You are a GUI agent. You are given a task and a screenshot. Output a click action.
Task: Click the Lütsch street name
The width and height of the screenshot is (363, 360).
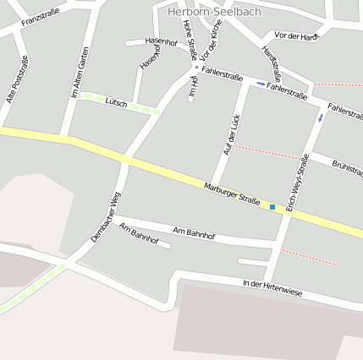(x=116, y=102)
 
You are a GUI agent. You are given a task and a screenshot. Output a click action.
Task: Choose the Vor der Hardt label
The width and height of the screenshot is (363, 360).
(x=297, y=35)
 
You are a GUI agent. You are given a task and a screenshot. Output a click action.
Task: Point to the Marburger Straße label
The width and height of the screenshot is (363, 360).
(x=231, y=193)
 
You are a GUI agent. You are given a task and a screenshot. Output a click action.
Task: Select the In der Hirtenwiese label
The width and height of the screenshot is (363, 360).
(x=272, y=287)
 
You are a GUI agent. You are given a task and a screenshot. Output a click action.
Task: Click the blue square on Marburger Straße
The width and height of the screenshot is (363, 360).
(x=272, y=206)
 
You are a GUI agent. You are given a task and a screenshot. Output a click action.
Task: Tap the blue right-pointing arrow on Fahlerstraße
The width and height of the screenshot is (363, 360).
(x=261, y=84)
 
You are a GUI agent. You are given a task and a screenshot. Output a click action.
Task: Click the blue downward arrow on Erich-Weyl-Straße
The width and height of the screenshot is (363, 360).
(x=320, y=117)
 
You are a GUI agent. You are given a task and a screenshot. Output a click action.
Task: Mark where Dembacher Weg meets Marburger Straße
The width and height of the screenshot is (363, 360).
(x=124, y=158)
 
